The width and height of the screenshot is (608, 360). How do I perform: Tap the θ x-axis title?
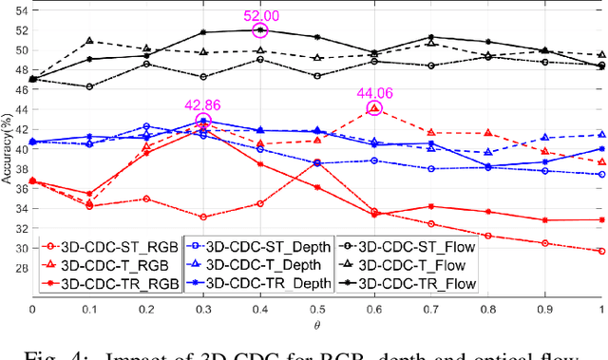pos(317,323)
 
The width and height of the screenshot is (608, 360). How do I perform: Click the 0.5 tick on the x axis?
pos(317,310)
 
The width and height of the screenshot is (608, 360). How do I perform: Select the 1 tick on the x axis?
pos(601,310)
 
